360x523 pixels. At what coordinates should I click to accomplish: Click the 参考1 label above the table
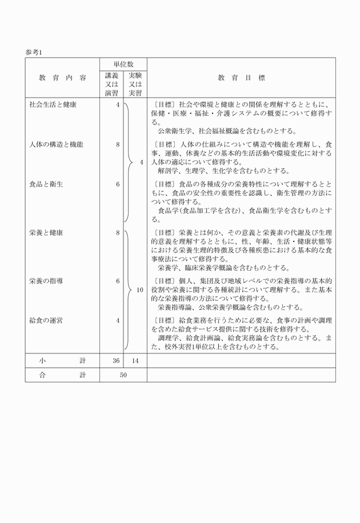[x=34, y=52]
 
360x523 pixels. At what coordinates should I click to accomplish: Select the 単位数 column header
[x=123, y=64]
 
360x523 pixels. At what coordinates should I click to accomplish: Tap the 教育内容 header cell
[x=63, y=78]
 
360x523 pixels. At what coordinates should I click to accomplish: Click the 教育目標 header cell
[x=241, y=78]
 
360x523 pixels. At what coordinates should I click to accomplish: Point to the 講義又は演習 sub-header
[x=111, y=84]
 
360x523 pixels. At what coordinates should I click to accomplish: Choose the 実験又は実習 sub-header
[x=135, y=84]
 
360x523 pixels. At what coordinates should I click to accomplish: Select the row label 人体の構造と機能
[x=57, y=144]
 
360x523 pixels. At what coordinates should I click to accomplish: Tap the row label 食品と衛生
[x=46, y=184]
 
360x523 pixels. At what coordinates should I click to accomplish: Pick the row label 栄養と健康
[x=46, y=232]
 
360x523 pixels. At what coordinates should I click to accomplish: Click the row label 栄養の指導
[x=46, y=281]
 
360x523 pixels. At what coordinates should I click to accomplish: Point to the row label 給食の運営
[x=46, y=320]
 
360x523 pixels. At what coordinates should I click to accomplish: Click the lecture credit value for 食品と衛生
[x=117, y=184]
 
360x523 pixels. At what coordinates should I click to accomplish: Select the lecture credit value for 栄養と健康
[x=117, y=232]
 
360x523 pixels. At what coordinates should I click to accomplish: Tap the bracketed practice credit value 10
[x=139, y=290]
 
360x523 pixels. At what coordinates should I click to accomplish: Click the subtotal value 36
[x=116, y=360]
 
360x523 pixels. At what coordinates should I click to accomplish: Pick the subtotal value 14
[x=135, y=360]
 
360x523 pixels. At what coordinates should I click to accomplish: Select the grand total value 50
[x=123, y=375]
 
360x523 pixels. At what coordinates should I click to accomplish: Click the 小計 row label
[x=62, y=360]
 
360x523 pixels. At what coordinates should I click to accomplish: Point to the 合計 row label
[x=62, y=375]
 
